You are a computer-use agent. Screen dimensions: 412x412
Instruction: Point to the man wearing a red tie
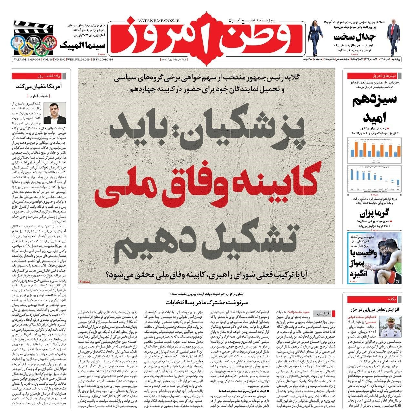pyautogui.click(x=393, y=36)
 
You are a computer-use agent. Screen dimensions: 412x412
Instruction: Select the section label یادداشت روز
pyautogui.click(x=48, y=76)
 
